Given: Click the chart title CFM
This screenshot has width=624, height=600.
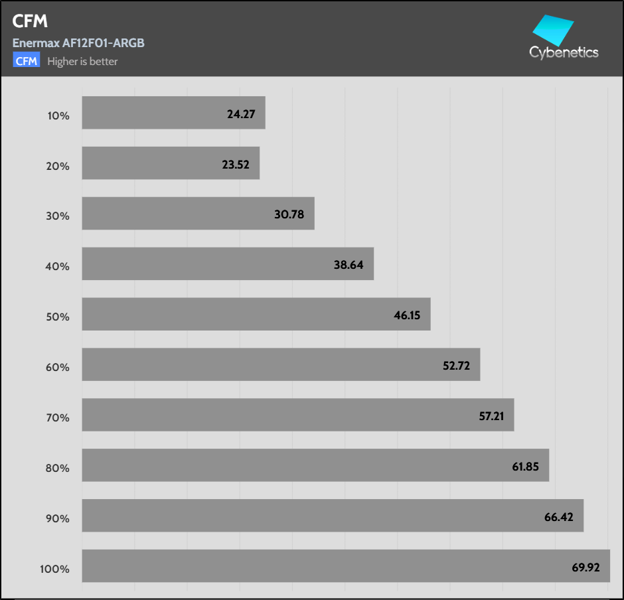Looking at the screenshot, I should tap(30, 22).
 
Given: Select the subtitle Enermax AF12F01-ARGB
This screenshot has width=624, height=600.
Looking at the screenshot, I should tap(78, 43).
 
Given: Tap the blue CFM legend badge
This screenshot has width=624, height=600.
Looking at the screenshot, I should tap(27, 61).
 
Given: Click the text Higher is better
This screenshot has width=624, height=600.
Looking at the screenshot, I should tap(82, 62).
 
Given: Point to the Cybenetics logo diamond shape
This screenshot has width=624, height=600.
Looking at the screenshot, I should tap(553, 30).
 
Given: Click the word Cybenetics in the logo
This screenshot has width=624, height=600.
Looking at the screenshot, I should tap(564, 52).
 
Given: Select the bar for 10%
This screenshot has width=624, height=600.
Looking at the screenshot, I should tap(173, 113).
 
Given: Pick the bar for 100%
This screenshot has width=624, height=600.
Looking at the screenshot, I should tap(345, 565).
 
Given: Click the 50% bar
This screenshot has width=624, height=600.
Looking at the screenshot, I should tap(256, 314).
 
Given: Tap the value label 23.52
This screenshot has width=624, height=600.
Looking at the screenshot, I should tap(236, 165).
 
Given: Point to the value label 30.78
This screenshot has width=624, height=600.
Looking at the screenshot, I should tap(290, 215).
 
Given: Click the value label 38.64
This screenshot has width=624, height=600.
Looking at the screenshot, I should tap(349, 265).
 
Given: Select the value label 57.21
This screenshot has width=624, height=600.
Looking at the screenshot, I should tap(490, 416).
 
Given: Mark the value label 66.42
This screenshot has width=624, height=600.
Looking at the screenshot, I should tap(559, 517).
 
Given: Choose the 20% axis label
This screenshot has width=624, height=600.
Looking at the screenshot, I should tap(58, 166).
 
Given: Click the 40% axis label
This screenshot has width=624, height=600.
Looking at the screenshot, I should tap(58, 267).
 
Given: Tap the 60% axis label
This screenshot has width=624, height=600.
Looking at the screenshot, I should tap(58, 367).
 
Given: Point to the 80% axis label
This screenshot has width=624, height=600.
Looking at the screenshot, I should tap(58, 468).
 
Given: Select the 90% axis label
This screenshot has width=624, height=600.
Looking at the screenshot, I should tap(58, 518).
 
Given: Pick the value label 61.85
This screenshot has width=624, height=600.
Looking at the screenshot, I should tap(525, 467).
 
